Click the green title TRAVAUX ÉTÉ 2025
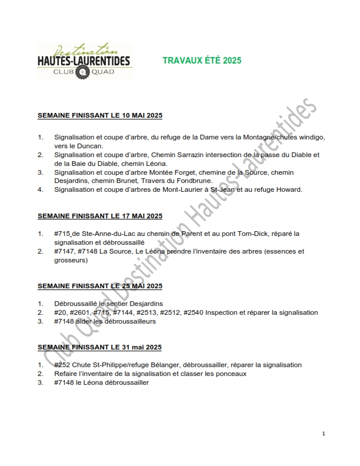click(202, 61)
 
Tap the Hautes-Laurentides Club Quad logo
click(84, 61)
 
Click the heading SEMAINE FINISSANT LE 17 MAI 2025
click(100, 216)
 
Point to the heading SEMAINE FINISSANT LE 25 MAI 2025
click(100, 286)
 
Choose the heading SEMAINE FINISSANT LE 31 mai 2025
click(99, 347)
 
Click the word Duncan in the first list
click(89, 145)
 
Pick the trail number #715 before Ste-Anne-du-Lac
click(62, 234)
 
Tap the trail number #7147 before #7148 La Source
click(64, 251)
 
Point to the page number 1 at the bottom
click(324, 434)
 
